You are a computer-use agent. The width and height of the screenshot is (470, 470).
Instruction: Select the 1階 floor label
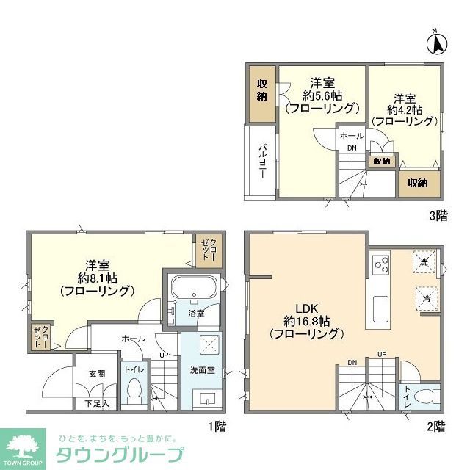click(x=216, y=425)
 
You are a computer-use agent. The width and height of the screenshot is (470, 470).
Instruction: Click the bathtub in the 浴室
click(x=192, y=288)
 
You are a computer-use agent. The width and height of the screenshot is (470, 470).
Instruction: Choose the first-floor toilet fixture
click(x=134, y=394)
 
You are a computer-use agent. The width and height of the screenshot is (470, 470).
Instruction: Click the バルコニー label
click(x=261, y=161)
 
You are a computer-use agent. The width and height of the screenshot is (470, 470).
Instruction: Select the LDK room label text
click(x=306, y=308)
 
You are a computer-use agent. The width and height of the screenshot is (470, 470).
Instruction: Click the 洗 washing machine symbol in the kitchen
click(x=424, y=262)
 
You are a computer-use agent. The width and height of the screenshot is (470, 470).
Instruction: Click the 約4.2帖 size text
click(x=405, y=110)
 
